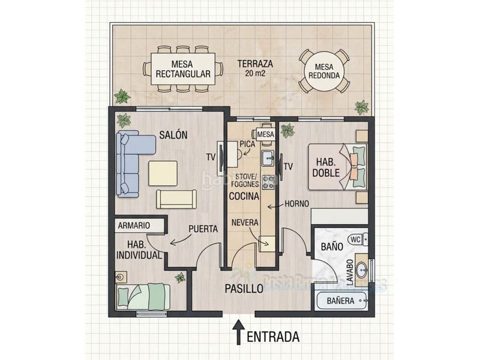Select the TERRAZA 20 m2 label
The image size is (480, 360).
click(255, 68)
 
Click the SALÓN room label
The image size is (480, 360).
click(173, 136)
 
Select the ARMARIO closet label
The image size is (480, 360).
click(134, 226)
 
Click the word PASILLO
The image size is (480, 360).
click(244, 289)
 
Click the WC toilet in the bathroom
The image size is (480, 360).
click(355, 239)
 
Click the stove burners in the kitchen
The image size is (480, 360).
click(268, 181)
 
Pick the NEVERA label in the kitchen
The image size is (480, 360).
click(245, 223)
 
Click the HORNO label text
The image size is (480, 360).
click(296, 204)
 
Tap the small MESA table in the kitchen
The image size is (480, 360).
click(265, 135)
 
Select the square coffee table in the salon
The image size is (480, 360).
click(163, 173)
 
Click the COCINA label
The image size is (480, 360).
click(244, 196)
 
